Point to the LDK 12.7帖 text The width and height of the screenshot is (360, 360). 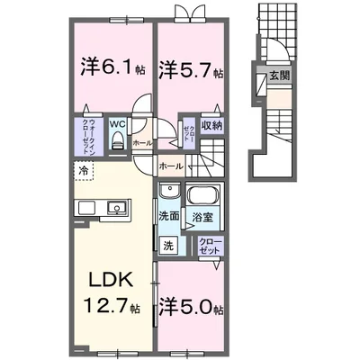pyautogui.click(x=111, y=292)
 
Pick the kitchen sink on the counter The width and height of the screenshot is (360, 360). pyautogui.click(x=117, y=210)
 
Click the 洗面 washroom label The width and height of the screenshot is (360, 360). pyautogui.click(x=168, y=216)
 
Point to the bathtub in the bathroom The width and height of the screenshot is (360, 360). pyautogui.click(x=201, y=195)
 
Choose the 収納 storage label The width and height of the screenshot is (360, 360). pyautogui.click(x=211, y=126)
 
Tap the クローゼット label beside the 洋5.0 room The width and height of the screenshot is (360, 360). pyautogui.click(x=208, y=245)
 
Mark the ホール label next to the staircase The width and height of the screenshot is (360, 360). pyautogui.click(x=171, y=166)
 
